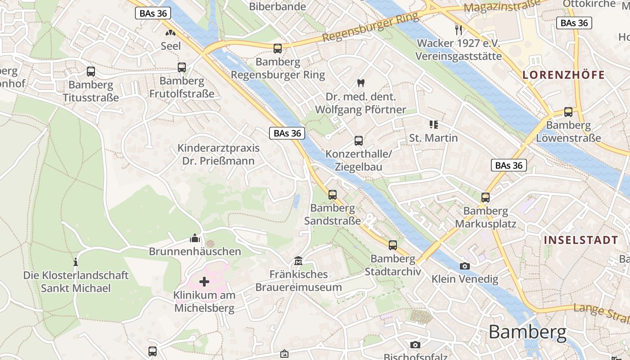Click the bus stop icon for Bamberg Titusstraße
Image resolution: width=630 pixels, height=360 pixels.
pos(91,71)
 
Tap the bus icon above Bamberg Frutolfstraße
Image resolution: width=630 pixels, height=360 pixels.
pos(182,67)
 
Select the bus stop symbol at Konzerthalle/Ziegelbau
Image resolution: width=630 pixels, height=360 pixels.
pos(359,141)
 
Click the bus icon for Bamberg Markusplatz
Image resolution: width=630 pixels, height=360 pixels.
pos(486,197)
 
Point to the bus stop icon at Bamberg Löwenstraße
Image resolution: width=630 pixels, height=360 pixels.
pos(568,112)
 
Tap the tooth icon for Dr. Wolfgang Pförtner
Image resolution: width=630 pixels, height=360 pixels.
pos(360,83)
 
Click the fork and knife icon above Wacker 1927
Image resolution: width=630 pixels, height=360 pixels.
pos(459,30)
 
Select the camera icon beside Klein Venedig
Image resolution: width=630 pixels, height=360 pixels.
pos(465,266)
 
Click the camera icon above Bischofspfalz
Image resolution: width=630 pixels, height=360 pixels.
pos(415,345)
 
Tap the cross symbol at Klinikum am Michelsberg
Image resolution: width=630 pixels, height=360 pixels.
pos(204,282)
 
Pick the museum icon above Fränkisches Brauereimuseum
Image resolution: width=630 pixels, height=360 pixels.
pos(298,261)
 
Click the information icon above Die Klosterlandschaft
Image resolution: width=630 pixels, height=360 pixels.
pos(76,261)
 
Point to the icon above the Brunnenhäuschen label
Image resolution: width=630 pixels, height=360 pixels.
pos(195,238)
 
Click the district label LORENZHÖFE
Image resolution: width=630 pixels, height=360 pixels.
pos(563,75)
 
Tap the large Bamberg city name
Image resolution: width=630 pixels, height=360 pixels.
pos(527,332)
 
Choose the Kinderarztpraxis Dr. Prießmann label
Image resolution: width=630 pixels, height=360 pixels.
pos(219,154)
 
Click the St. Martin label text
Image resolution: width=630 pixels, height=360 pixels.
pos(433,138)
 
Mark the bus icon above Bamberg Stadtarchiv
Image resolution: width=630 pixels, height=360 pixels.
pos(393,245)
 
